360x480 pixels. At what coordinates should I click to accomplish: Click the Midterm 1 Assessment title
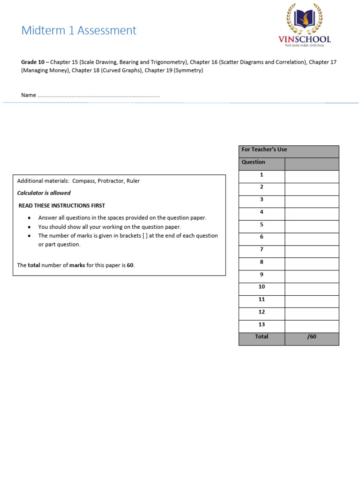click(x=79, y=30)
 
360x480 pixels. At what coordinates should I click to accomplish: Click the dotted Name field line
click(x=98, y=96)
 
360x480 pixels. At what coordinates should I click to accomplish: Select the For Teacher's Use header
click(x=264, y=150)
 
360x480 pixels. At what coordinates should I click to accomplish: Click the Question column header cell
click(x=254, y=162)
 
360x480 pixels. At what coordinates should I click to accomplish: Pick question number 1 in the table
click(x=262, y=175)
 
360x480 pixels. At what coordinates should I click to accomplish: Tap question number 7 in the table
click(x=262, y=249)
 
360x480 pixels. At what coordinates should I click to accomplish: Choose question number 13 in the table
click(x=262, y=324)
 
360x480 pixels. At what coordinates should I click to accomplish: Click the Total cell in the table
click(x=262, y=337)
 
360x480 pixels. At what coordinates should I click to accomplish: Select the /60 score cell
click(x=312, y=337)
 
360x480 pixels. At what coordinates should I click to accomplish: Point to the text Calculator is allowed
click(x=44, y=193)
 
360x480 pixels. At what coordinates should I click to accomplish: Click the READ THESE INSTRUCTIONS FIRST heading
click(x=62, y=206)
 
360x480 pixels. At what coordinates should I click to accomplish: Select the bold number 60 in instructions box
click(x=130, y=265)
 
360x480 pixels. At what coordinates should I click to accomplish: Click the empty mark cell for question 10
click(x=312, y=287)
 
